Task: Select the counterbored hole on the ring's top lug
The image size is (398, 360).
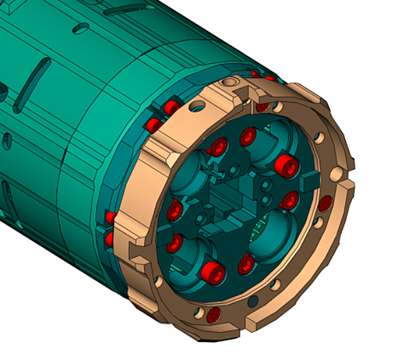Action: (236, 83)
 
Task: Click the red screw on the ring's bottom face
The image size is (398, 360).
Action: (213, 315)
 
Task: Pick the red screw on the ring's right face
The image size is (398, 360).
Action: (325, 202)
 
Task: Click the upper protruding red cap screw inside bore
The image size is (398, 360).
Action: (283, 165)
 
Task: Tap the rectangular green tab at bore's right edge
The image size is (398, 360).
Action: (308, 182)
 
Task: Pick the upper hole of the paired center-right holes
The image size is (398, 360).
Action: (266, 187)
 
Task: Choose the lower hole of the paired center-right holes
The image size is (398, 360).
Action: (266, 199)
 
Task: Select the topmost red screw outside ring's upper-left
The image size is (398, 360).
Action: (169, 108)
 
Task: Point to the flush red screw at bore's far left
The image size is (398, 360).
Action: (175, 209)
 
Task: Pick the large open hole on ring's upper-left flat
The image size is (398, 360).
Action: (198, 106)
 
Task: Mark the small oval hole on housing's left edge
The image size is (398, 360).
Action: (6, 141)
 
